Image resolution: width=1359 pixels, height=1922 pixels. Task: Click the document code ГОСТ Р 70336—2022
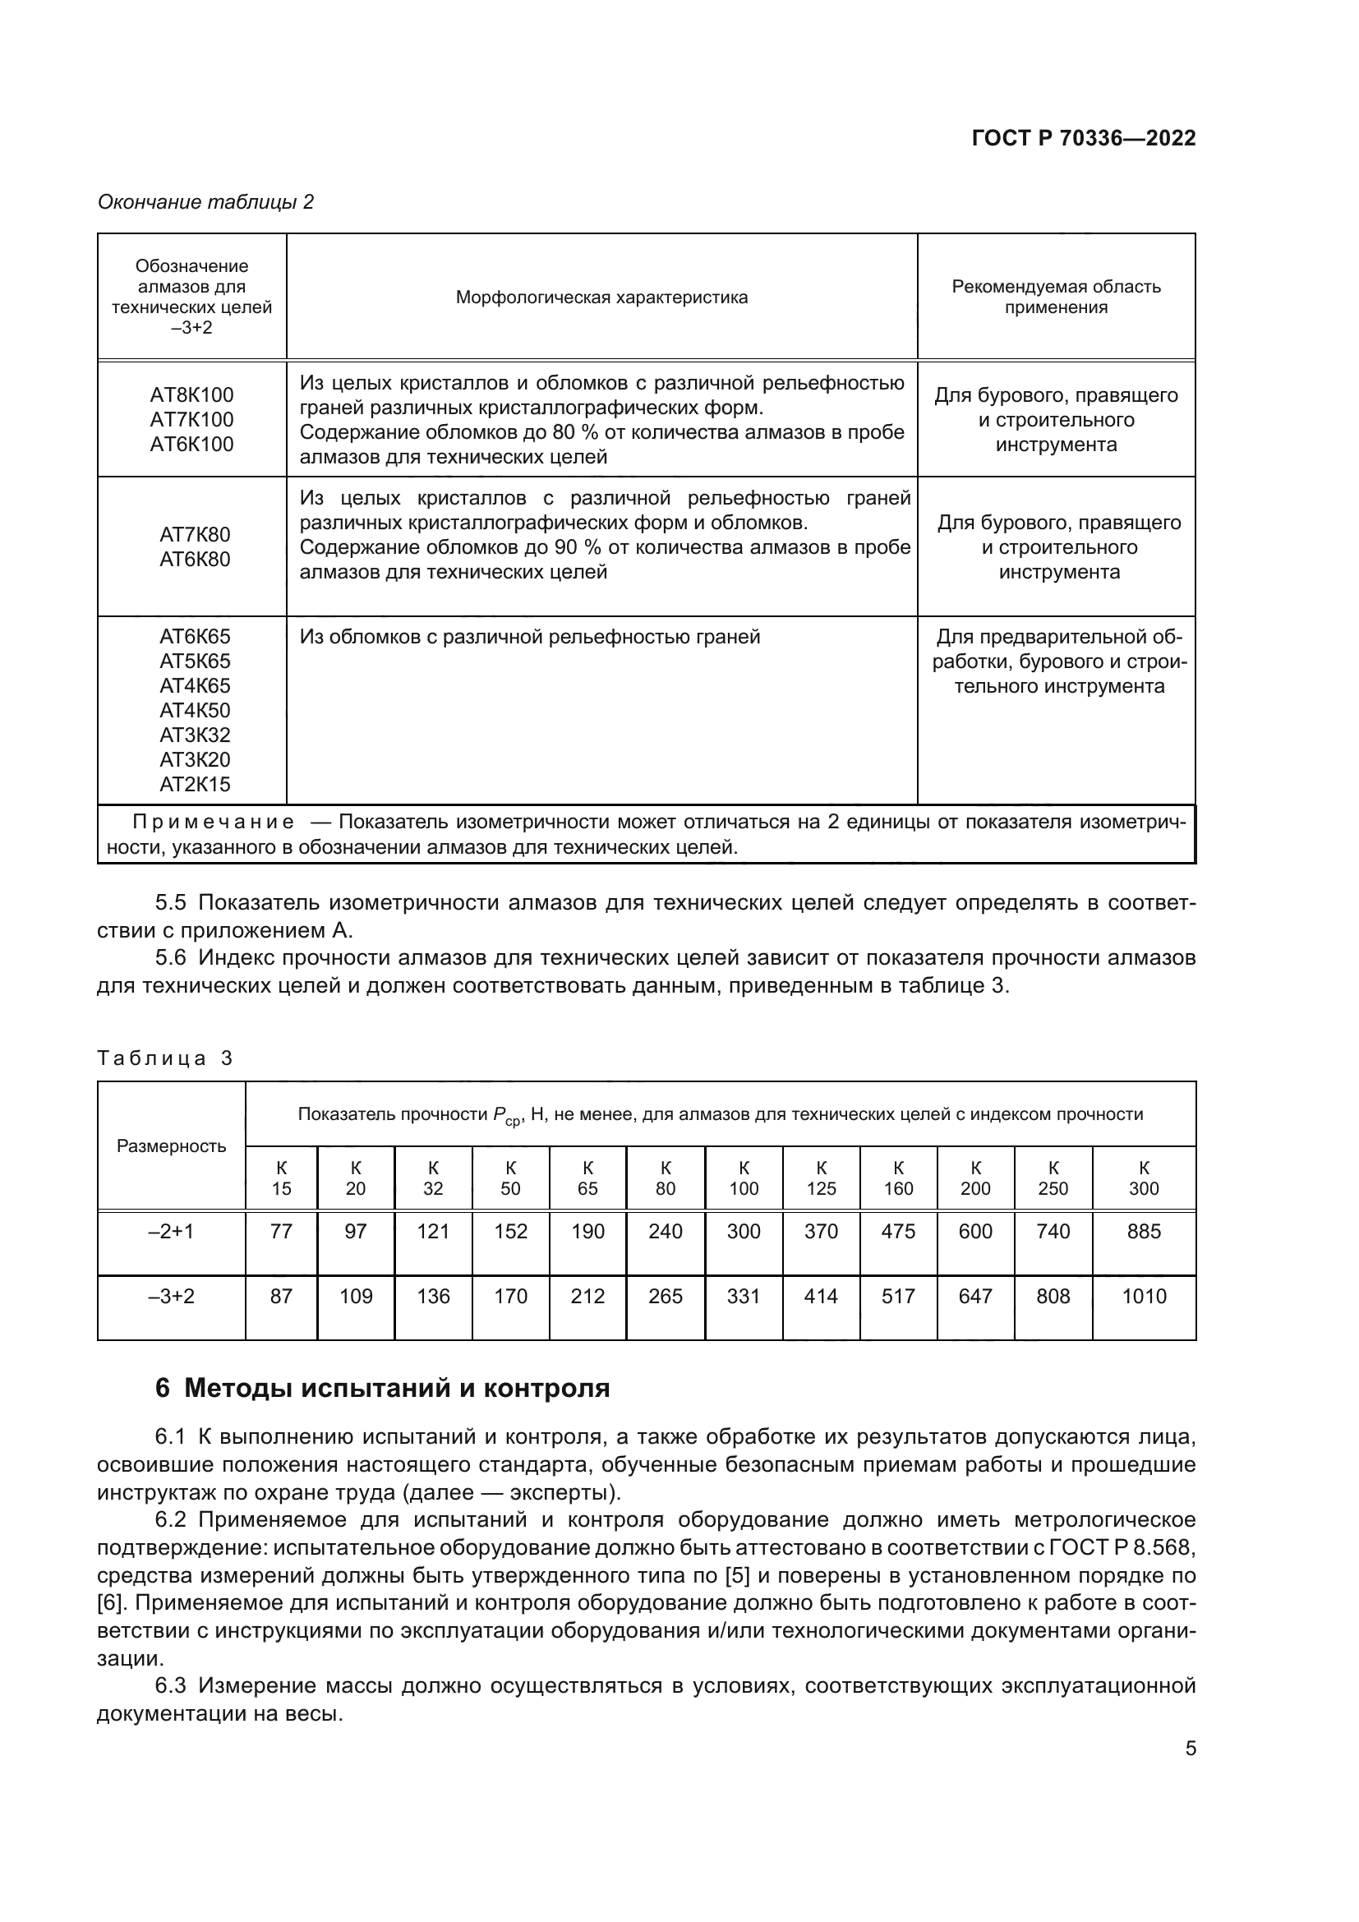pos(1083,138)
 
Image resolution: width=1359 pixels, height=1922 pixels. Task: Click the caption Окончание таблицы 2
pos(206,202)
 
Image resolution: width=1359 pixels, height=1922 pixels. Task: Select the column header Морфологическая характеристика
pos(601,297)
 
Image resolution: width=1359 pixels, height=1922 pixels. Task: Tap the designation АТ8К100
pos(191,394)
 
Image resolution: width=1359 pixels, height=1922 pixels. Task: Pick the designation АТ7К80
pos(194,534)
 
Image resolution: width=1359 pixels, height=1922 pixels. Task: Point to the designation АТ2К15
pos(194,785)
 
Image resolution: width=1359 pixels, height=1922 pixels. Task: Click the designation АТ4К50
pos(194,710)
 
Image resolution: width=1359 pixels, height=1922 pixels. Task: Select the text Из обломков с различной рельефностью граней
pos(529,637)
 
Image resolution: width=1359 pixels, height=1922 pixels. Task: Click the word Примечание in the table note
pos(214,822)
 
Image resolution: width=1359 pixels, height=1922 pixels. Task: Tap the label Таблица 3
pos(164,1058)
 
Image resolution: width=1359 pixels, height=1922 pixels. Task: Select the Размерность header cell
pos(172,1146)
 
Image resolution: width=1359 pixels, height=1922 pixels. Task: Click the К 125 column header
pos(821,1178)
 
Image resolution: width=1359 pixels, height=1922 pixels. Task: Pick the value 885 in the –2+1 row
pos(1143,1232)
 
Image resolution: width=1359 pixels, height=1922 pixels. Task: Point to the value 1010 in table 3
pos(1143,1296)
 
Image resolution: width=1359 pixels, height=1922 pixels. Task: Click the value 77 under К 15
pos(281,1232)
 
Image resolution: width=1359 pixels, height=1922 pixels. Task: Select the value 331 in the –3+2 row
pos(743,1296)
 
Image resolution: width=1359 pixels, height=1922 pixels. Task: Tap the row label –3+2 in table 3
pos(172,1296)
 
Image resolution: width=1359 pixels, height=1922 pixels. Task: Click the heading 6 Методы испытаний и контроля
pos(382,1388)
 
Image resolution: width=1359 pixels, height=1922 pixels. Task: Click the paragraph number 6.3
pos(171,1685)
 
